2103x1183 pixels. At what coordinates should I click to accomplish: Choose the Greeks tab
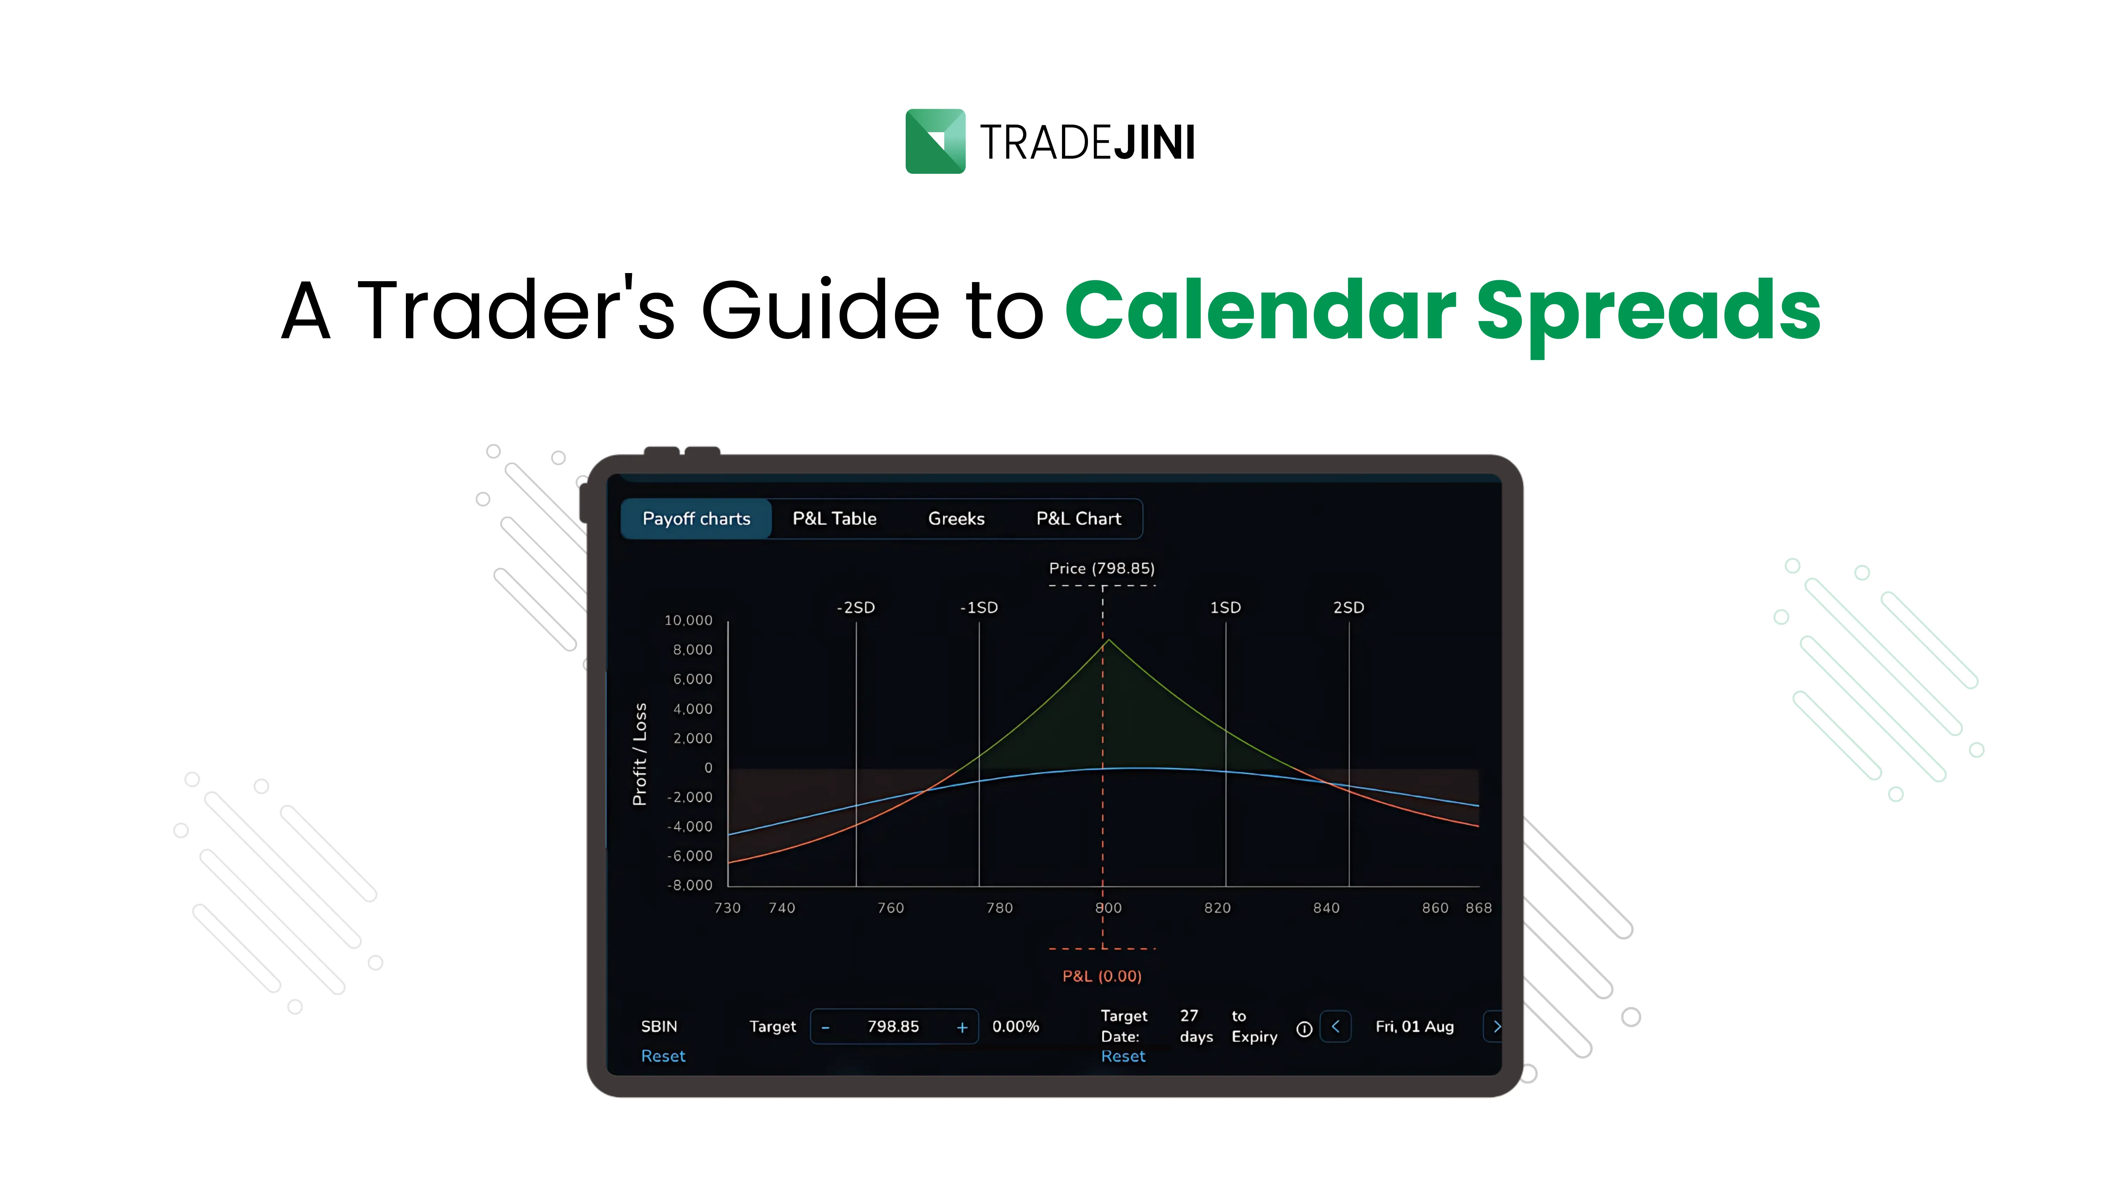click(956, 518)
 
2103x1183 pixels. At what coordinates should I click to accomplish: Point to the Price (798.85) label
click(1101, 568)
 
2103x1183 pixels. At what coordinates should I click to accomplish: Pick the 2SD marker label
click(1348, 607)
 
